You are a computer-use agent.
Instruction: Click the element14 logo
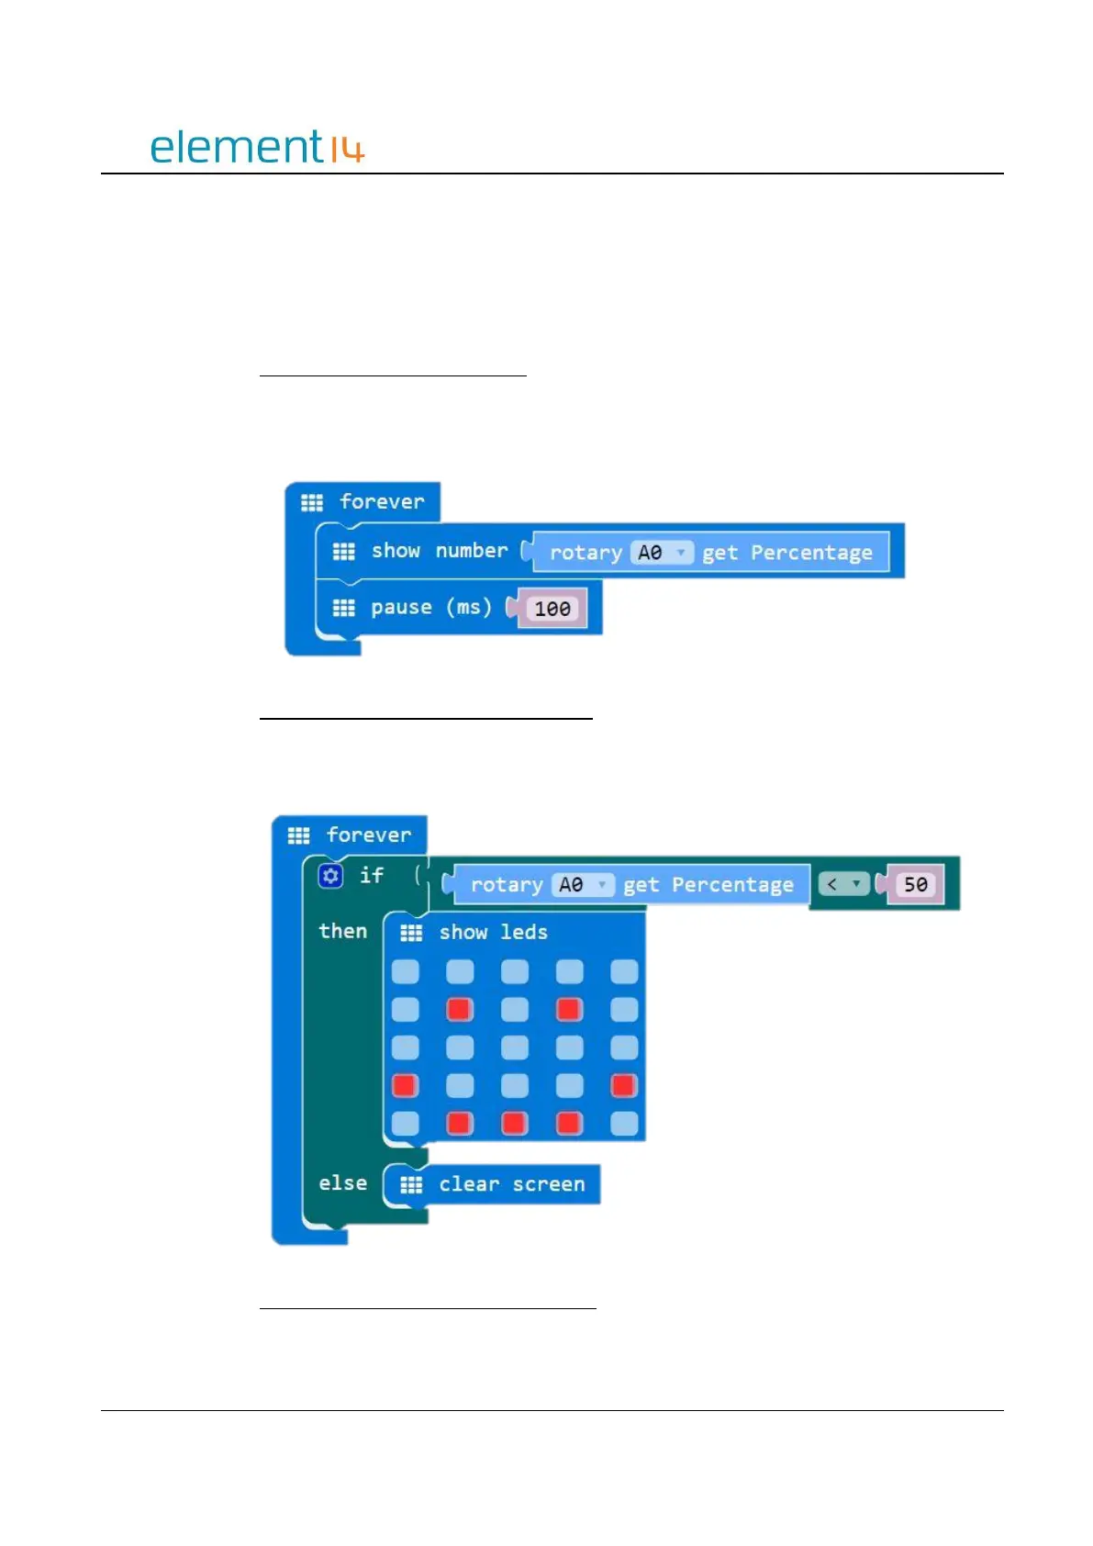click(257, 147)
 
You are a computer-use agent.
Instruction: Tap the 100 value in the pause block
click(552, 609)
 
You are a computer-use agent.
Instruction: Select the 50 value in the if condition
click(915, 884)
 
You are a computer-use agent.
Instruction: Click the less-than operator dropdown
click(843, 884)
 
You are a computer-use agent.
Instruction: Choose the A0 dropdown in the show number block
click(661, 553)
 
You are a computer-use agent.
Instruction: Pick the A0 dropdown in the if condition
click(582, 884)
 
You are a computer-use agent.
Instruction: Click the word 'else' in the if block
click(342, 1183)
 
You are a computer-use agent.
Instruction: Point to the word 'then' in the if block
click(342, 931)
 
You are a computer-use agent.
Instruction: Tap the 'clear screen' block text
click(511, 1184)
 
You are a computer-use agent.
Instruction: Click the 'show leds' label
click(493, 932)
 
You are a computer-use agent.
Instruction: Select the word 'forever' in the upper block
click(382, 501)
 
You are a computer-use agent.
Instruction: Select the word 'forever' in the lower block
click(369, 835)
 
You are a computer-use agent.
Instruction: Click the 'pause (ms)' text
click(430, 607)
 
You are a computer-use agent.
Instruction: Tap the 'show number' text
click(439, 551)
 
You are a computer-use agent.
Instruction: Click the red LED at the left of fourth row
click(405, 1085)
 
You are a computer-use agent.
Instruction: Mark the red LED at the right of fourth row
click(624, 1085)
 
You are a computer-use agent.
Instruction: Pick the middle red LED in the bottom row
click(514, 1123)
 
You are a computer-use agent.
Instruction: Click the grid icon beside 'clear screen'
click(411, 1184)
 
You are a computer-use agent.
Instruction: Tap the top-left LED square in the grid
click(405, 971)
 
